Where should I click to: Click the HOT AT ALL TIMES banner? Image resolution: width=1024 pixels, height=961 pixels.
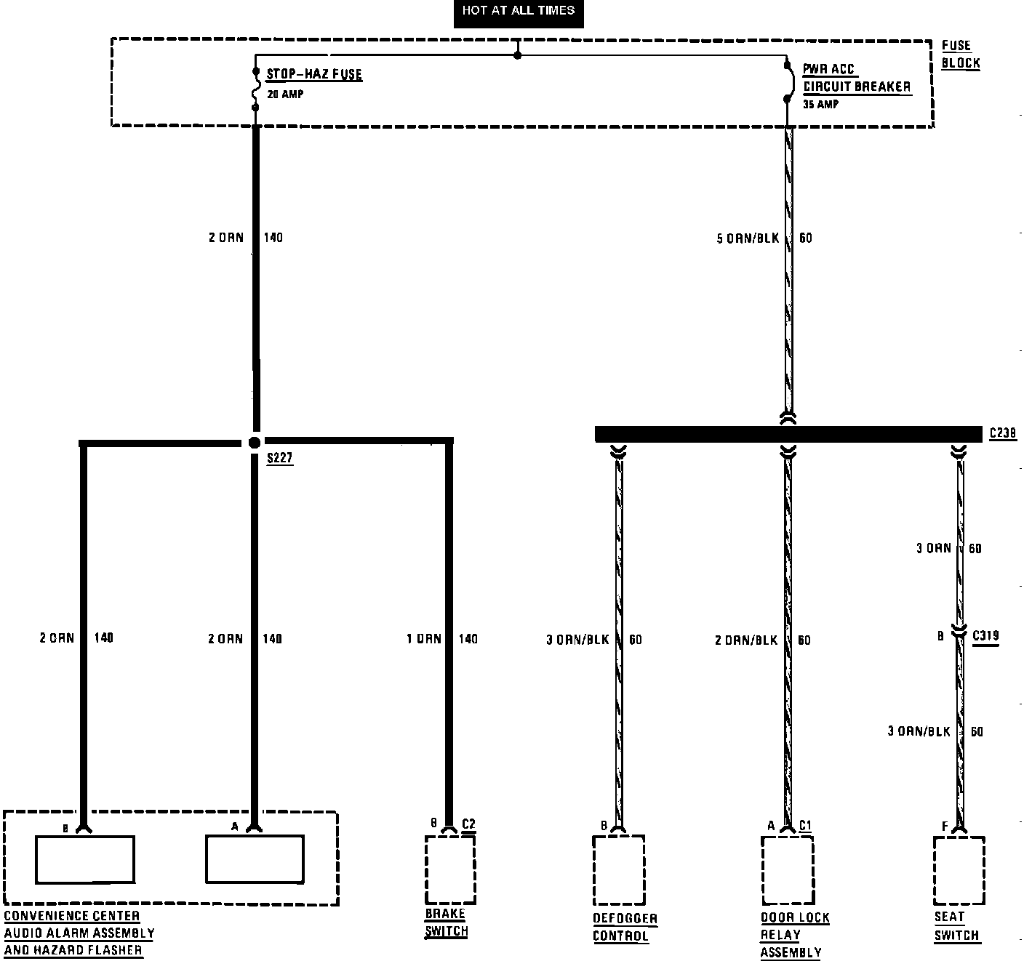coord(518,12)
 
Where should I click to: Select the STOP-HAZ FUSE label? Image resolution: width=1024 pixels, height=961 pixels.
coord(313,74)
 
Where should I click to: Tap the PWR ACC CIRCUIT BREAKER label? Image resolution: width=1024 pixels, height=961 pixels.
coord(856,79)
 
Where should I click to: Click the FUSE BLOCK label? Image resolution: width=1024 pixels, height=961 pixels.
coord(961,55)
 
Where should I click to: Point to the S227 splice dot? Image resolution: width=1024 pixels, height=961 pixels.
coord(255,442)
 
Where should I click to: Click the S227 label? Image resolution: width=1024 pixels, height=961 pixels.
coord(280,459)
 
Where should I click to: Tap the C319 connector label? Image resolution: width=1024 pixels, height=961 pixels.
coord(986,636)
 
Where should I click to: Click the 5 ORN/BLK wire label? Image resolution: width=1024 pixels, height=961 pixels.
coord(748,238)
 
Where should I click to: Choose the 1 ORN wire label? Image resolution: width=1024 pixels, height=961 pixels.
coord(423,639)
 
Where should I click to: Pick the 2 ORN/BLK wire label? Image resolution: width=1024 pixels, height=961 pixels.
coord(746,640)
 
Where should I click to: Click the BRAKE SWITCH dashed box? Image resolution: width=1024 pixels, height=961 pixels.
coord(450,869)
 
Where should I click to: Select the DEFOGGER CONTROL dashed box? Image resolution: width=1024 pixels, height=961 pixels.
coord(619,870)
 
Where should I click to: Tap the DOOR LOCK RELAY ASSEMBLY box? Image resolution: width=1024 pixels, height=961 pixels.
coord(788,870)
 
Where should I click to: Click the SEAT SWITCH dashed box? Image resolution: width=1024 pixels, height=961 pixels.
coord(959,869)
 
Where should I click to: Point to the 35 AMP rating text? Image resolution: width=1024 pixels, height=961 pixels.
coord(821,105)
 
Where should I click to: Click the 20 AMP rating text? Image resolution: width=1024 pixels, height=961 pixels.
coord(285,95)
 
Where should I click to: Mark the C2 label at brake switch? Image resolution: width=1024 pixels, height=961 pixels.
coord(468,824)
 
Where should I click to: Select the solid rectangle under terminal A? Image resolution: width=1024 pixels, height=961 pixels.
coord(255,859)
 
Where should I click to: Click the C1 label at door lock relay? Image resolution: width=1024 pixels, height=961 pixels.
coord(805,825)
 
